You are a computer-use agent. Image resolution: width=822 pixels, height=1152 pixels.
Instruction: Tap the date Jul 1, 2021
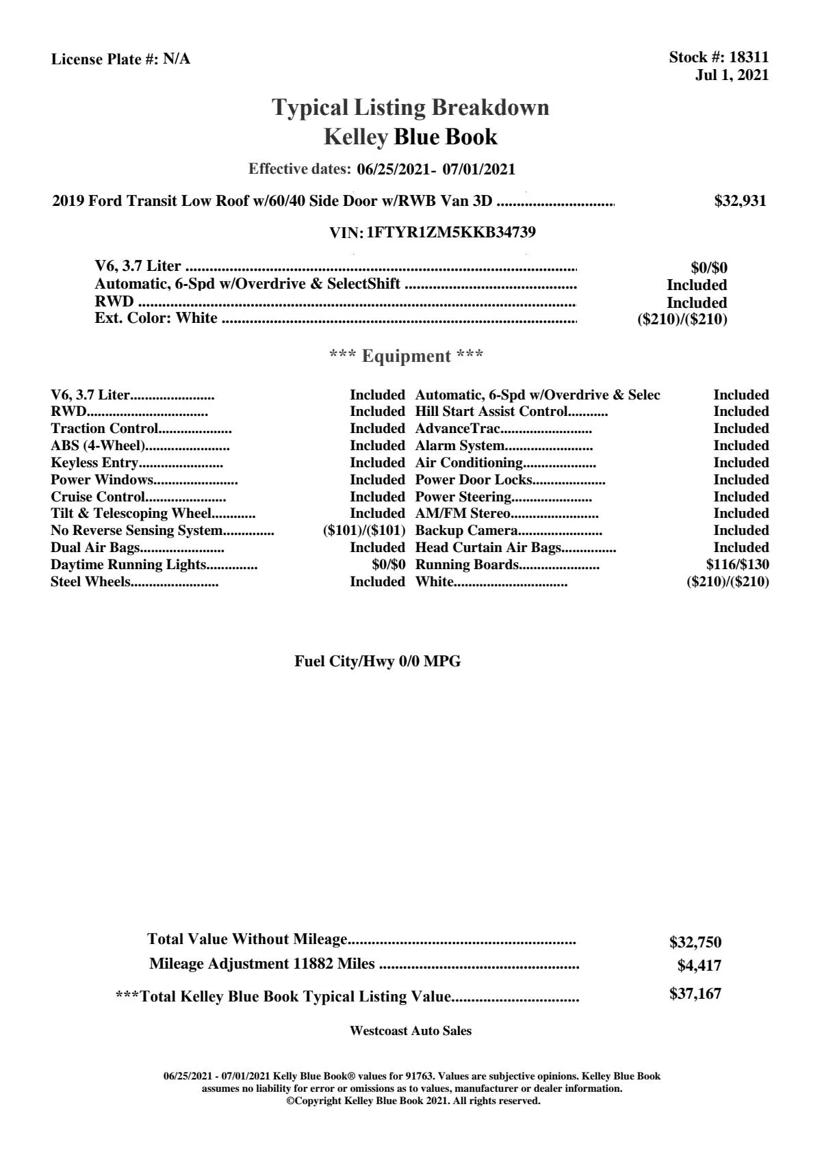(x=732, y=75)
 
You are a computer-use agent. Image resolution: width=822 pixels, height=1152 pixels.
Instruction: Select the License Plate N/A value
(x=177, y=60)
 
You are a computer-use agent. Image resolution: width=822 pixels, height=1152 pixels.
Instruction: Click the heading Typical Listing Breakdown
(x=411, y=107)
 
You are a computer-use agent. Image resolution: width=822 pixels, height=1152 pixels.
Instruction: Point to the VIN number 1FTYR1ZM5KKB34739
(x=451, y=233)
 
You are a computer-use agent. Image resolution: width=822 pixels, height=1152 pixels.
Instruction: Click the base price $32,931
(x=740, y=201)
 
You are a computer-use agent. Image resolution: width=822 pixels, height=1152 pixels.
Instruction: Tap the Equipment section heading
(x=406, y=356)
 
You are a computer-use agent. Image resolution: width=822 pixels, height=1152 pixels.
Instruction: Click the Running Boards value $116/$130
(x=737, y=565)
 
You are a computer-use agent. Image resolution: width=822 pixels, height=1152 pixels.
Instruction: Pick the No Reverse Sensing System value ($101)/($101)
(x=364, y=531)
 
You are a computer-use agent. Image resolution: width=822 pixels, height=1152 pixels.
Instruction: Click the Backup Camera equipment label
(x=466, y=531)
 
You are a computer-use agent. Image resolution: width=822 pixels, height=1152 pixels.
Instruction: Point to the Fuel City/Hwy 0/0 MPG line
(x=377, y=662)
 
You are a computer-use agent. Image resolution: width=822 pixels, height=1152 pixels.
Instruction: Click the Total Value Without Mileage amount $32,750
(x=695, y=943)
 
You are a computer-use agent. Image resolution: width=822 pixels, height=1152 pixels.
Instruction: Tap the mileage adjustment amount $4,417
(x=699, y=966)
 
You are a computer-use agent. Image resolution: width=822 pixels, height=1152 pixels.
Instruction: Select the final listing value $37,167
(x=695, y=994)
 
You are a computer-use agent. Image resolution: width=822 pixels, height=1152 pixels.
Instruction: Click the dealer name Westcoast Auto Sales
(x=410, y=1031)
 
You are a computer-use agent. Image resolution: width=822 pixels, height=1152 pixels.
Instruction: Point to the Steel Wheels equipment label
(x=90, y=582)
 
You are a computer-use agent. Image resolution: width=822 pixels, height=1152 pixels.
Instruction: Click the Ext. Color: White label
(x=156, y=318)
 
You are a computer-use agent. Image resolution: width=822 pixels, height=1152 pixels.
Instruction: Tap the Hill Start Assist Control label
(x=491, y=412)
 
